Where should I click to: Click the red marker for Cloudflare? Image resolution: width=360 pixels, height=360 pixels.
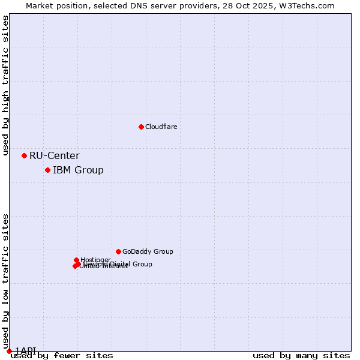tap(141, 127)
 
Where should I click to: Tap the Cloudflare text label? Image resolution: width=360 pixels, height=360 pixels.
tap(161, 127)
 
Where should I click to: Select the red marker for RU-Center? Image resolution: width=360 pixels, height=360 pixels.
tap(24, 155)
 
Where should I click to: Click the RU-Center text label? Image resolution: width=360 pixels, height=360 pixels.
tap(54, 156)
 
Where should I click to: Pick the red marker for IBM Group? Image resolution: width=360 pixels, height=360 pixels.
tap(47, 170)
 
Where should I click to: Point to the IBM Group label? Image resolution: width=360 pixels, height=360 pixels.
tap(78, 170)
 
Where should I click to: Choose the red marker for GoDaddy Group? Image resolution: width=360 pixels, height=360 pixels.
tap(118, 251)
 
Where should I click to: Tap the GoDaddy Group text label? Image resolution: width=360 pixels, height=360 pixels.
tap(148, 251)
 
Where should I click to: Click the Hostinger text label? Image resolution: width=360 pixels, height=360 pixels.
tap(95, 260)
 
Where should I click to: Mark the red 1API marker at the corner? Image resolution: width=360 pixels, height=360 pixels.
tap(9, 351)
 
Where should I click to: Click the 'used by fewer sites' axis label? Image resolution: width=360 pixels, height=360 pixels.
tap(62, 355)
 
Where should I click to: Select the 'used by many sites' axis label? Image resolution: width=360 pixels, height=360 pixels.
tap(301, 355)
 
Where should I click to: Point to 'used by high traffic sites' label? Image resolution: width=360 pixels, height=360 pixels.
tap(5, 86)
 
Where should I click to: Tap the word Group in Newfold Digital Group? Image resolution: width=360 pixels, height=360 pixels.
tap(142, 264)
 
